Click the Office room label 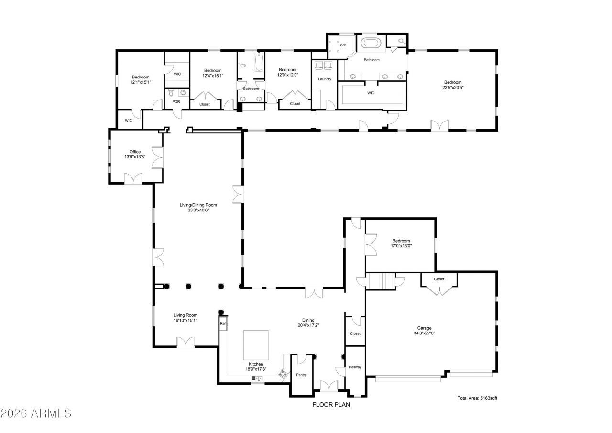135,152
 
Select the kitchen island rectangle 256,344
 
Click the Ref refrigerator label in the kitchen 222,324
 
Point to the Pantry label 301,375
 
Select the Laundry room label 325,79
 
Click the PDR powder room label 176,102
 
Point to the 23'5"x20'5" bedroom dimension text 452,87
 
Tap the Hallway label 355,367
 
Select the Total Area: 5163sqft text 477,398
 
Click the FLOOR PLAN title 331,404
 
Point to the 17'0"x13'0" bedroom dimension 401,246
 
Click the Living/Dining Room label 195,205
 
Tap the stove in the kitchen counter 284,374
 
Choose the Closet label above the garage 439,279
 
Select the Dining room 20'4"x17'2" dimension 308,325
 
